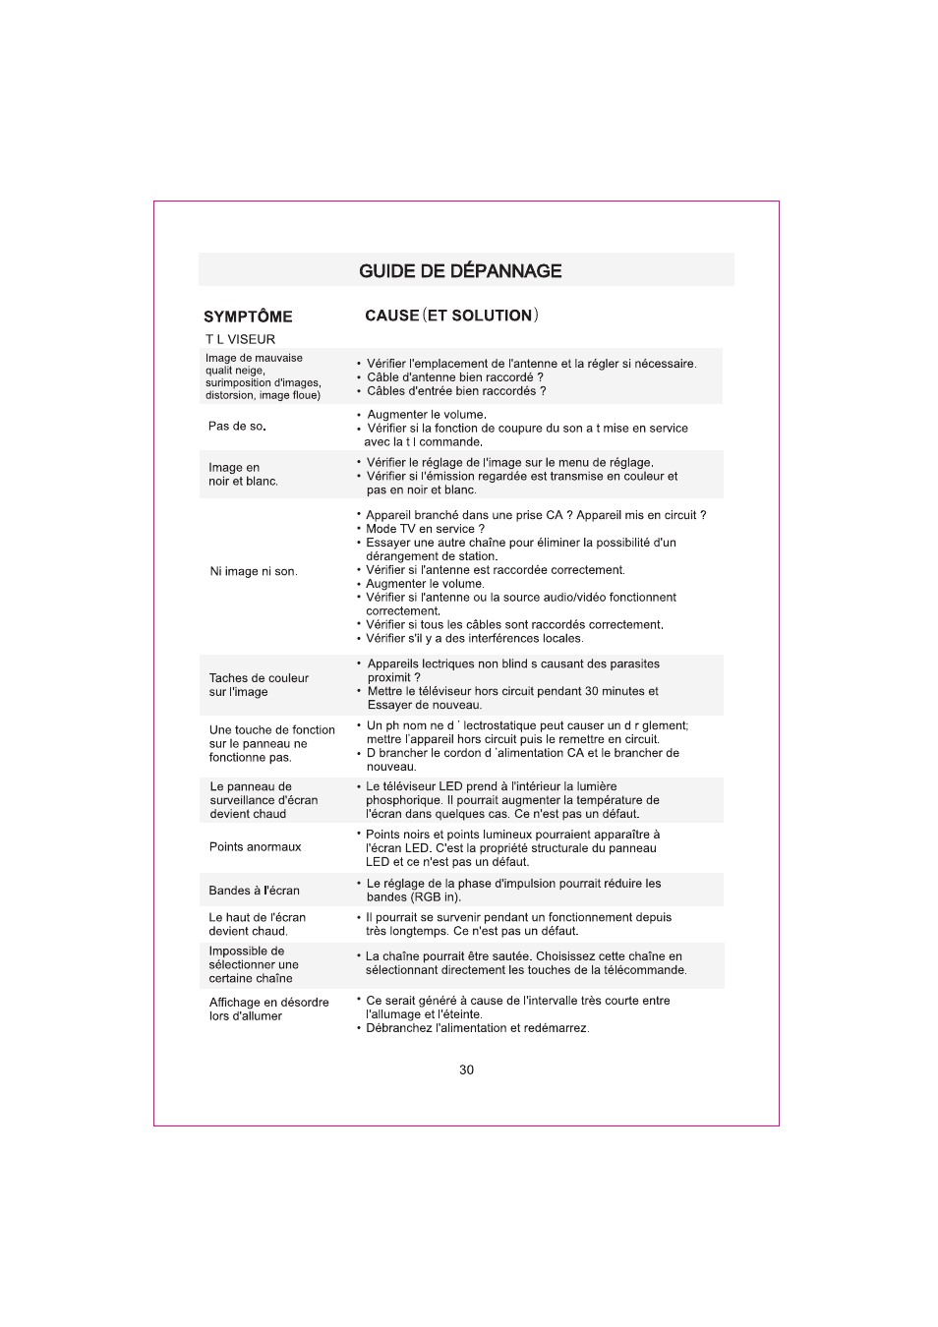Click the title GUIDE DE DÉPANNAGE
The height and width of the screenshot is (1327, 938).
[x=460, y=271]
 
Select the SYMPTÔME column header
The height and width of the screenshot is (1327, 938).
[x=248, y=317]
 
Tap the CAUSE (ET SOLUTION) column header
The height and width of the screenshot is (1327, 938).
[x=451, y=316]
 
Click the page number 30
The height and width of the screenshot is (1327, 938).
[x=466, y=1070]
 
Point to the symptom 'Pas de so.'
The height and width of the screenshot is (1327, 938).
[x=237, y=427]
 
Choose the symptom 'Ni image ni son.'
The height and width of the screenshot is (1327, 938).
[x=253, y=571]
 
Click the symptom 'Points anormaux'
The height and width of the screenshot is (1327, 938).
[x=255, y=847]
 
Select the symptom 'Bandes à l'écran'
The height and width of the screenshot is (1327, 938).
[x=254, y=891]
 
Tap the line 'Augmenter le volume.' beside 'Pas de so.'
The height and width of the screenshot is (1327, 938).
[x=426, y=415]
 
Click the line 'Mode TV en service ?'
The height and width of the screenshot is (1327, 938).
[x=425, y=529]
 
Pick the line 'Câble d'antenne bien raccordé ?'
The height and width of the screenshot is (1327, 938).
[x=454, y=377]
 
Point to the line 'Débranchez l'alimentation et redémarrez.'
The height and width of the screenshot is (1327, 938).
[x=477, y=1028]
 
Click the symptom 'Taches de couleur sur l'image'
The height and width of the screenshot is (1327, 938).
[x=258, y=685]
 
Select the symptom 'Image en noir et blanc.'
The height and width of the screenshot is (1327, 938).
[x=243, y=475]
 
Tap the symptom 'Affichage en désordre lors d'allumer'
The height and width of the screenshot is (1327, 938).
[x=268, y=1010]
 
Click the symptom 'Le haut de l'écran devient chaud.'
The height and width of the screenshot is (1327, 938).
[x=257, y=924]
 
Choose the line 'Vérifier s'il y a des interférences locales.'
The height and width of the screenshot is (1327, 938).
[x=474, y=639]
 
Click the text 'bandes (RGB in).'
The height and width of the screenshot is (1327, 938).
[x=413, y=897]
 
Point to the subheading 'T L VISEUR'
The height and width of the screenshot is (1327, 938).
[x=240, y=340]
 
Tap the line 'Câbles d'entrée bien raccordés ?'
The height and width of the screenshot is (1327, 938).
[x=456, y=391]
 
